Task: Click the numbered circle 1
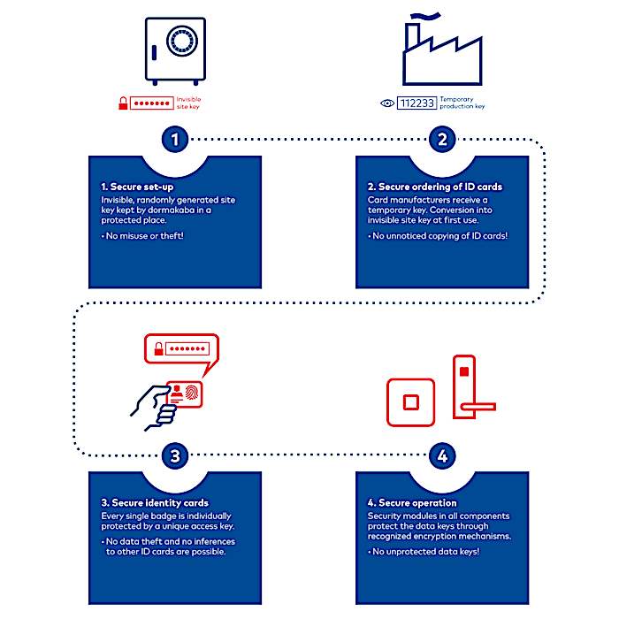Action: tap(175, 139)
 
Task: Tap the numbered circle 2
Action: tap(442, 139)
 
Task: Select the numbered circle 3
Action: tap(175, 455)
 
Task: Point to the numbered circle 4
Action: tap(442, 455)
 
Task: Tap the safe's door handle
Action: tap(154, 53)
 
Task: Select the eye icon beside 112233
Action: tap(387, 103)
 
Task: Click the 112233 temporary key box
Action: tap(416, 103)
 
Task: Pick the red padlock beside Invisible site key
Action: tap(123, 103)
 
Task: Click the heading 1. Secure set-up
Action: tap(137, 187)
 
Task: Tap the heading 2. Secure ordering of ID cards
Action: tap(435, 187)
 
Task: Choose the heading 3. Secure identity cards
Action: tap(155, 503)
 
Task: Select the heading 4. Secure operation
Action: tap(412, 503)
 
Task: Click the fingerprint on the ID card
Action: tap(192, 393)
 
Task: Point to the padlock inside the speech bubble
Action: tap(158, 349)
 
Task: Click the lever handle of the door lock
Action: tap(478, 407)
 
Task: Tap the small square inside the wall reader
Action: tap(410, 402)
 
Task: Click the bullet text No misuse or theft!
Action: tap(142, 236)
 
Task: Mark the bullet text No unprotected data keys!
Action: tap(424, 552)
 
